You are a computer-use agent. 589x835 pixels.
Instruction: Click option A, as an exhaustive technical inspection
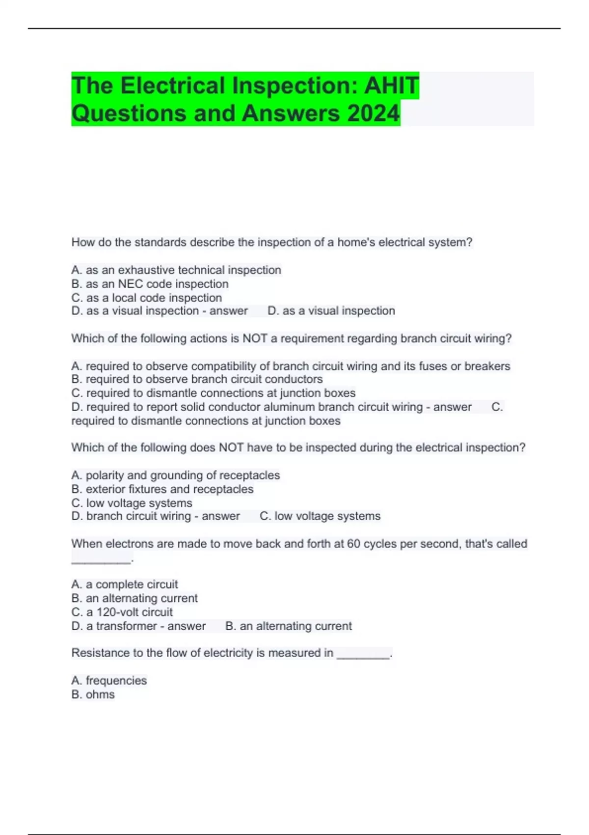(x=176, y=270)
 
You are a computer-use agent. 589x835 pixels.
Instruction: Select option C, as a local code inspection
(x=147, y=298)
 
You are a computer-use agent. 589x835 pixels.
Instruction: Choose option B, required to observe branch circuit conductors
(x=197, y=379)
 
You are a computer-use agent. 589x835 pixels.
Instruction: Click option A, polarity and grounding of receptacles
(x=176, y=475)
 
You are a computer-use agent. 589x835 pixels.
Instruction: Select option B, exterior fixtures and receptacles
(x=162, y=489)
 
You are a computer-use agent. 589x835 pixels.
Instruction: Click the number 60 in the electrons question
(x=353, y=544)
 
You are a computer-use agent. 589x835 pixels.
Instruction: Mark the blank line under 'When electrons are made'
(x=102, y=559)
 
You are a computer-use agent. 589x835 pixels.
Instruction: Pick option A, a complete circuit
(x=125, y=584)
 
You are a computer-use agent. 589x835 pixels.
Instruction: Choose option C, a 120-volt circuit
(x=122, y=612)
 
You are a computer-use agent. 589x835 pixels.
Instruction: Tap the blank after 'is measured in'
(x=363, y=654)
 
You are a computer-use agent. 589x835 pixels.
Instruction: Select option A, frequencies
(x=109, y=681)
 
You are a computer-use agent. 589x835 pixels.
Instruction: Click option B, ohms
(x=93, y=695)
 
